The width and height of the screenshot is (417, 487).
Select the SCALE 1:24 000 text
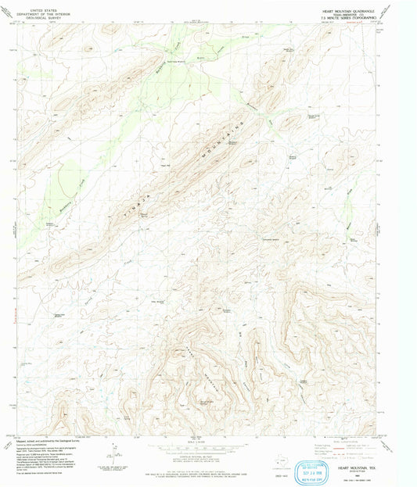pyautogui.click(x=208, y=442)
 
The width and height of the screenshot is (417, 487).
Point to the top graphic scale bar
pyautogui.click(x=208, y=447)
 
